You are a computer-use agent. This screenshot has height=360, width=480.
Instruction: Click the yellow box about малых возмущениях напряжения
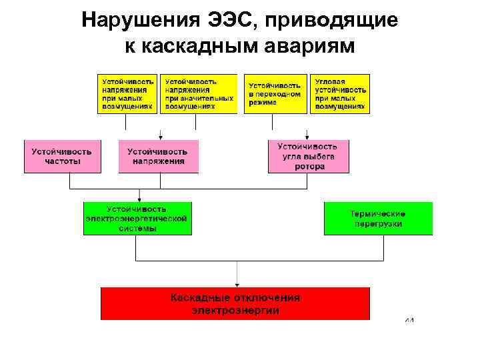[x=127, y=93]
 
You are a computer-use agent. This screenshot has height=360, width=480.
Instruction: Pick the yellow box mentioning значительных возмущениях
[x=199, y=93]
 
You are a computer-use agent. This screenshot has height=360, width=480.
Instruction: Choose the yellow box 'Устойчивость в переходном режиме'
[x=275, y=93]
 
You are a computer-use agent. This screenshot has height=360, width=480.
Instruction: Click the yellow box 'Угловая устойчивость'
[x=340, y=93]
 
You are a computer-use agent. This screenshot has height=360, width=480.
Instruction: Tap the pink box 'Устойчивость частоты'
[x=62, y=157]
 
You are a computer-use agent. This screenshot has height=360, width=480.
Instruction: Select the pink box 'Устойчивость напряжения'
[x=158, y=157]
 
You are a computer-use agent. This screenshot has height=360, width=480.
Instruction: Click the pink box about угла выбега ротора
[x=308, y=157]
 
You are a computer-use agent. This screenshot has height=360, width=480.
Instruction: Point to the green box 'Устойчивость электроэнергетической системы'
[x=137, y=219]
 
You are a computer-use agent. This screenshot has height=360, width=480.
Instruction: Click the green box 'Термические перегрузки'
[x=378, y=219]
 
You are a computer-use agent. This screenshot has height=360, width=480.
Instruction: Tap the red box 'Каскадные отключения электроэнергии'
[x=235, y=304]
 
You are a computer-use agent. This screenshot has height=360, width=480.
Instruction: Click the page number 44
[x=409, y=321]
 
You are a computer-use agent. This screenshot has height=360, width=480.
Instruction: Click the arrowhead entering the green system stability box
[x=139, y=199]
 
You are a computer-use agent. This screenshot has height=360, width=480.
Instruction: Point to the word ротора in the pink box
[x=309, y=167]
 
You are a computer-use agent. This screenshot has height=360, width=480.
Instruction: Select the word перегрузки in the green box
[x=378, y=224]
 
